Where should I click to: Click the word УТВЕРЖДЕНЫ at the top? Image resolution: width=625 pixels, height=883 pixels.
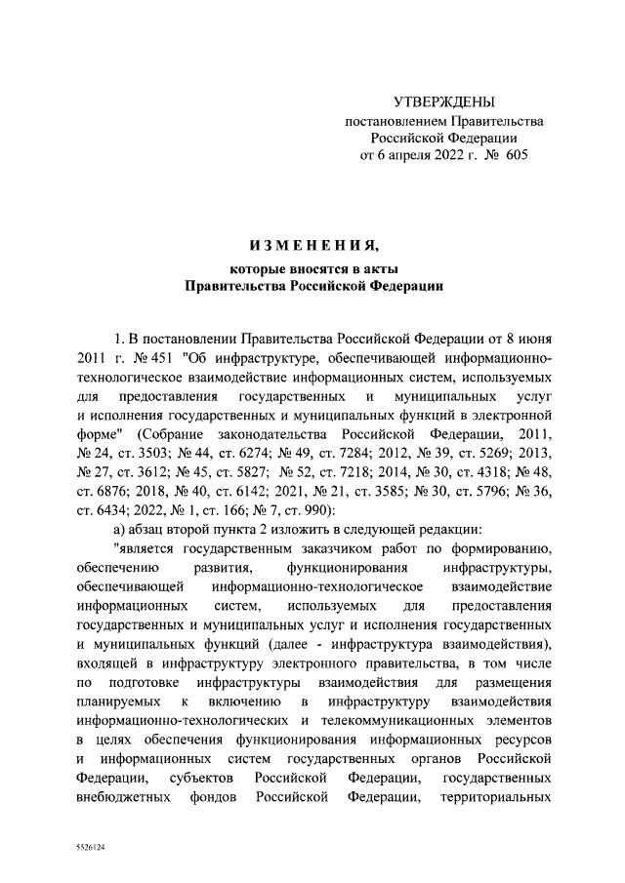pos(444,100)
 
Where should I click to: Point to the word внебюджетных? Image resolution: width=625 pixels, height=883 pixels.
pos(122,796)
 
